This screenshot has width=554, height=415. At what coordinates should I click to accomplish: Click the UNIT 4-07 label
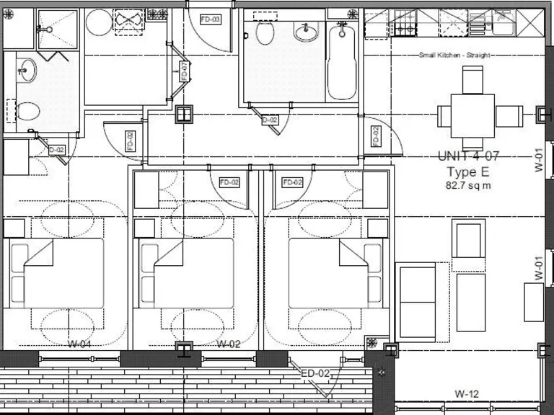click(467, 156)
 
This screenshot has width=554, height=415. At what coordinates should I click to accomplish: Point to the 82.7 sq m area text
click(467, 186)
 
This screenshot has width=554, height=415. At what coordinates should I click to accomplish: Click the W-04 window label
click(79, 344)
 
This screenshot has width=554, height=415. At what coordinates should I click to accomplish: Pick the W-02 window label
click(228, 344)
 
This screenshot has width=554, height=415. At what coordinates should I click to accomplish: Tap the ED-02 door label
click(315, 372)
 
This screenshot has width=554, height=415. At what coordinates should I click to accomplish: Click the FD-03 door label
click(210, 19)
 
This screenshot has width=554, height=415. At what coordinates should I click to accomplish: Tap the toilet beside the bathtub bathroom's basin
click(264, 32)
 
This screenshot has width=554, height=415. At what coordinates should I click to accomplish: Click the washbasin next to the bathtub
click(307, 31)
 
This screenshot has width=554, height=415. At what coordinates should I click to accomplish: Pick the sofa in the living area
click(417, 301)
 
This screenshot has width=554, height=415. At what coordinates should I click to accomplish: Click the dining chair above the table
click(472, 79)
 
